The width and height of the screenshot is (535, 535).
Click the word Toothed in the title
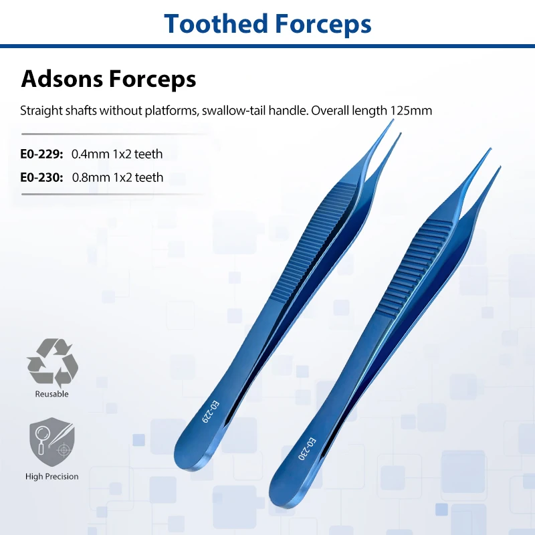(x=215, y=24)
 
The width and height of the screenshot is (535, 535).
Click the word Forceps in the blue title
(x=322, y=25)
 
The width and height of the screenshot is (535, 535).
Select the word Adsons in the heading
(x=62, y=79)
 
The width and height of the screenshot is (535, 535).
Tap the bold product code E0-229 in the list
(x=41, y=154)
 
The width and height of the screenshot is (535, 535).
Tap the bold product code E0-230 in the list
(x=41, y=177)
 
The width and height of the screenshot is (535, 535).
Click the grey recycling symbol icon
(x=52, y=362)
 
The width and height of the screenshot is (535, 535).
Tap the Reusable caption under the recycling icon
(x=52, y=394)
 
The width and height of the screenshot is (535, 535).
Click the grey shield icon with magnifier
(x=52, y=441)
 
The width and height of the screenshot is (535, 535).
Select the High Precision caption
(x=52, y=476)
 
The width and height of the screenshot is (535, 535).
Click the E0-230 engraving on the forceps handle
(x=308, y=449)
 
